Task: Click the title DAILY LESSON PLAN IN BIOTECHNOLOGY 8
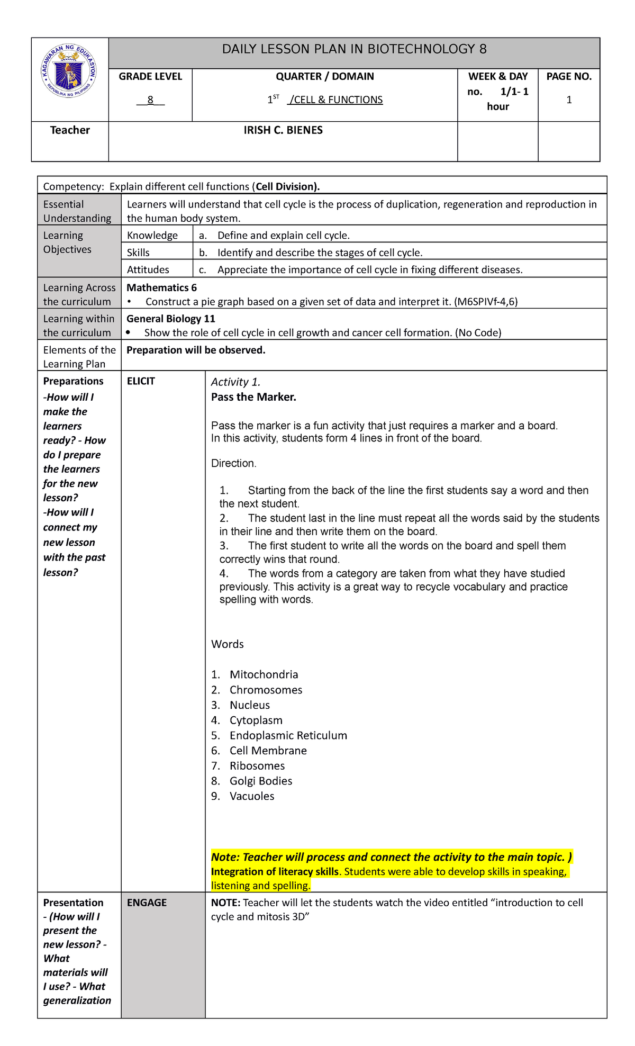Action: pyautogui.click(x=354, y=49)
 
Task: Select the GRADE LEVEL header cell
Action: pyautogui.click(x=150, y=76)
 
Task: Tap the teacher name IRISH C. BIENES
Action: pyautogui.click(x=283, y=130)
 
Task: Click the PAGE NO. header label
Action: pyautogui.click(x=569, y=76)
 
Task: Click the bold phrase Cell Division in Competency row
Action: pyautogui.click(x=285, y=186)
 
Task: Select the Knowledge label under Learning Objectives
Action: pyautogui.click(x=152, y=235)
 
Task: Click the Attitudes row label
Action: pyautogui.click(x=148, y=269)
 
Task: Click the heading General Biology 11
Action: pyautogui.click(x=170, y=319)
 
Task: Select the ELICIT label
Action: pyautogui.click(x=141, y=381)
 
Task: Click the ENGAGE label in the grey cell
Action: pyautogui.click(x=147, y=903)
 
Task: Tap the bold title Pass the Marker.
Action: pyautogui.click(x=253, y=397)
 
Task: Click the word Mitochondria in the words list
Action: pyautogui.click(x=264, y=674)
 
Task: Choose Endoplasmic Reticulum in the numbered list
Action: pyautogui.click(x=288, y=735)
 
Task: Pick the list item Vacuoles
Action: pyautogui.click(x=252, y=796)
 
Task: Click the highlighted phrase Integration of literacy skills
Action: pyautogui.click(x=275, y=872)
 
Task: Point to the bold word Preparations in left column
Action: pyautogui.click(x=73, y=381)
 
